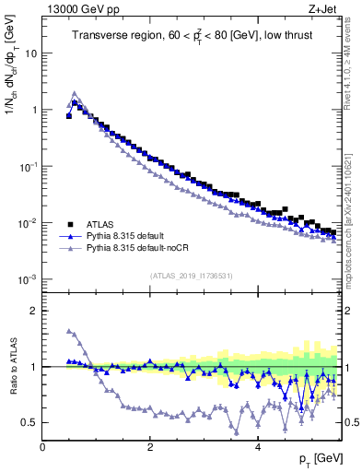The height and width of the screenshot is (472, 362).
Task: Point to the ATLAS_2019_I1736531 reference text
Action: tap(191, 276)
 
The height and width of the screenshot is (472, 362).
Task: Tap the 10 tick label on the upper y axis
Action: tap(31, 53)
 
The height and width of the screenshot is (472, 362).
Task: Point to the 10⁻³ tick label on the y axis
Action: tap(29, 279)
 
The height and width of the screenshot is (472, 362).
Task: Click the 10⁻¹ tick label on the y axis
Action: tap(29, 166)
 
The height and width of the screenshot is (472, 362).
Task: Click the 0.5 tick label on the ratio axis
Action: tap(29, 423)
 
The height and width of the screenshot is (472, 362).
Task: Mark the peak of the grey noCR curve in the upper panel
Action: tap(75, 93)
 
